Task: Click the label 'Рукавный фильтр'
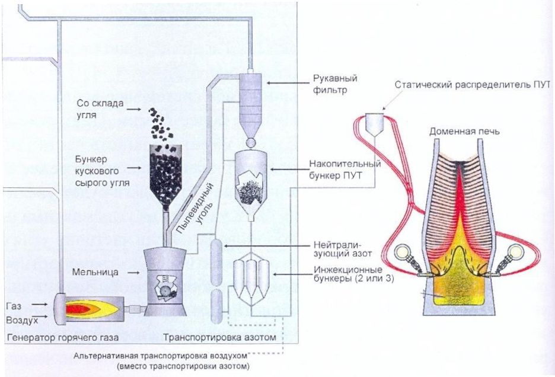point(335,84)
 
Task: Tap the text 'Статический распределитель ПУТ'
point(473,85)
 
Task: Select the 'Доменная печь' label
point(464,132)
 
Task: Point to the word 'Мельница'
point(95,272)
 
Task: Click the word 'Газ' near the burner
point(14,305)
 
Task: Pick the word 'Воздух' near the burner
point(22,320)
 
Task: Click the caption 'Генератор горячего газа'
point(62,337)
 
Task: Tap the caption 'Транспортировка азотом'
point(219,337)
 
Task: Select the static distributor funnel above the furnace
point(375,123)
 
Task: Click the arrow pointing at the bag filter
point(288,83)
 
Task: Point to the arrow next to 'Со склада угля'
point(135,110)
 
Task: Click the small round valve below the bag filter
point(251,143)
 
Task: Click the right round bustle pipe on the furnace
point(515,252)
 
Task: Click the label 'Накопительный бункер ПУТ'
point(345,170)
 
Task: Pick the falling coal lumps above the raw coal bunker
point(160,124)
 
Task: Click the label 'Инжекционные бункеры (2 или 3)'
point(353,274)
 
